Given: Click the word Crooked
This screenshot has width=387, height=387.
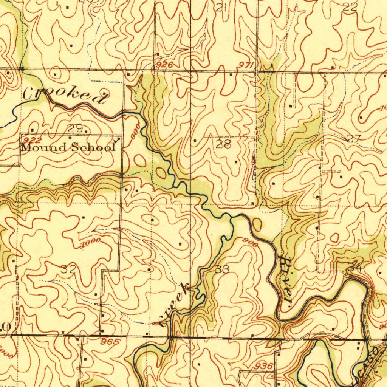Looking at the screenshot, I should [x=64, y=95].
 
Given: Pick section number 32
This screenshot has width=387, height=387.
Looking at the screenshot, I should [x=68, y=269].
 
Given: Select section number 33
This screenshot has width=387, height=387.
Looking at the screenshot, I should [x=222, y=269].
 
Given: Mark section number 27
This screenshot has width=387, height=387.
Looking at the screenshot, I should [x=354, y=138].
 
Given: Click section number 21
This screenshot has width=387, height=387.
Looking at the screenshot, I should [x=222, y=8].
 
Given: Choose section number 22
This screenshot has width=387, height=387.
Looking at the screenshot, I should [x=350, y=7].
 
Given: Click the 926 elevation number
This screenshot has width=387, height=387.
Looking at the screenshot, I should [x=164, y=65].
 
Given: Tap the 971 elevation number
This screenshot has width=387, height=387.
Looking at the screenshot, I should [x=245, y=66].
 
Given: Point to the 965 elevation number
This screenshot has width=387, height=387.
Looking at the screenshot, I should [x=111, y=342].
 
